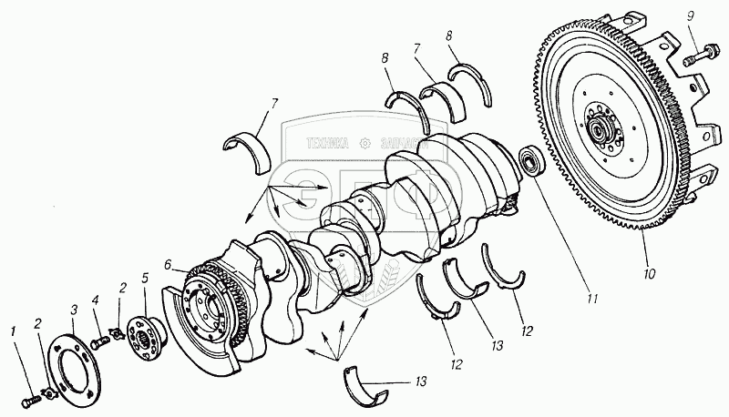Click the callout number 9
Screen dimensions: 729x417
click(691, 15)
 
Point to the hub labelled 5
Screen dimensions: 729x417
click(144, 332)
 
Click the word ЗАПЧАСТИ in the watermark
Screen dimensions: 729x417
click(401, 142)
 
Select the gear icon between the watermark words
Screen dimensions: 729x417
click(365, 142)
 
